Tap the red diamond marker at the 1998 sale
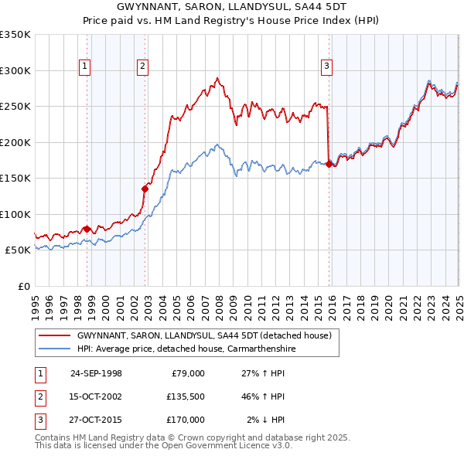pos(87,229)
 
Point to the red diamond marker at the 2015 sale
pos(329,163)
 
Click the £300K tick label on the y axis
pos(15,70)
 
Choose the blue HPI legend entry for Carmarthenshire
pos(186,349)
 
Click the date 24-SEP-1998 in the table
pos(96,373)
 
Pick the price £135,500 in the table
pos(186,396)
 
